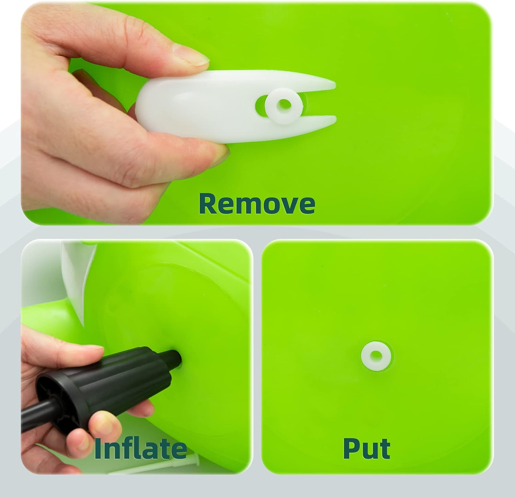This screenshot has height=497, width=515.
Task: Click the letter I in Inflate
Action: point(98,448)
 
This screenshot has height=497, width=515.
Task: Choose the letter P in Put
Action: point(351,448)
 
